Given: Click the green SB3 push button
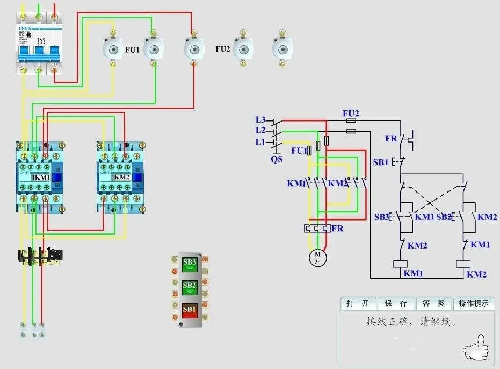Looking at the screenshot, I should point(190,264).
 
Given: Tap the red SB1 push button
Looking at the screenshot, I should point(190,310).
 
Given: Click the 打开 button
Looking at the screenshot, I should point(358,303).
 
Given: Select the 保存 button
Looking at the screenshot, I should point(396,303).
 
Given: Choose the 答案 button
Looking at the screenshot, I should point(433,303).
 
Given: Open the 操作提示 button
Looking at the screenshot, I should point(474,303).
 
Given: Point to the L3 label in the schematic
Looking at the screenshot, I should point(260,119).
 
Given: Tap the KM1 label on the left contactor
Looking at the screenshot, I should point(42,177).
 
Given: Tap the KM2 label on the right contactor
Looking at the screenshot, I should point(122,177).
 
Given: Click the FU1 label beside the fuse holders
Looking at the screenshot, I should point(132,49).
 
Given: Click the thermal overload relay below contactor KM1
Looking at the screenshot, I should point(40,256).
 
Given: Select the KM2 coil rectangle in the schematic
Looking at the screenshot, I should point(463,264).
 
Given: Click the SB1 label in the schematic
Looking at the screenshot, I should point(381,162).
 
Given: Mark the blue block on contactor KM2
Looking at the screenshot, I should point(138,178).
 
